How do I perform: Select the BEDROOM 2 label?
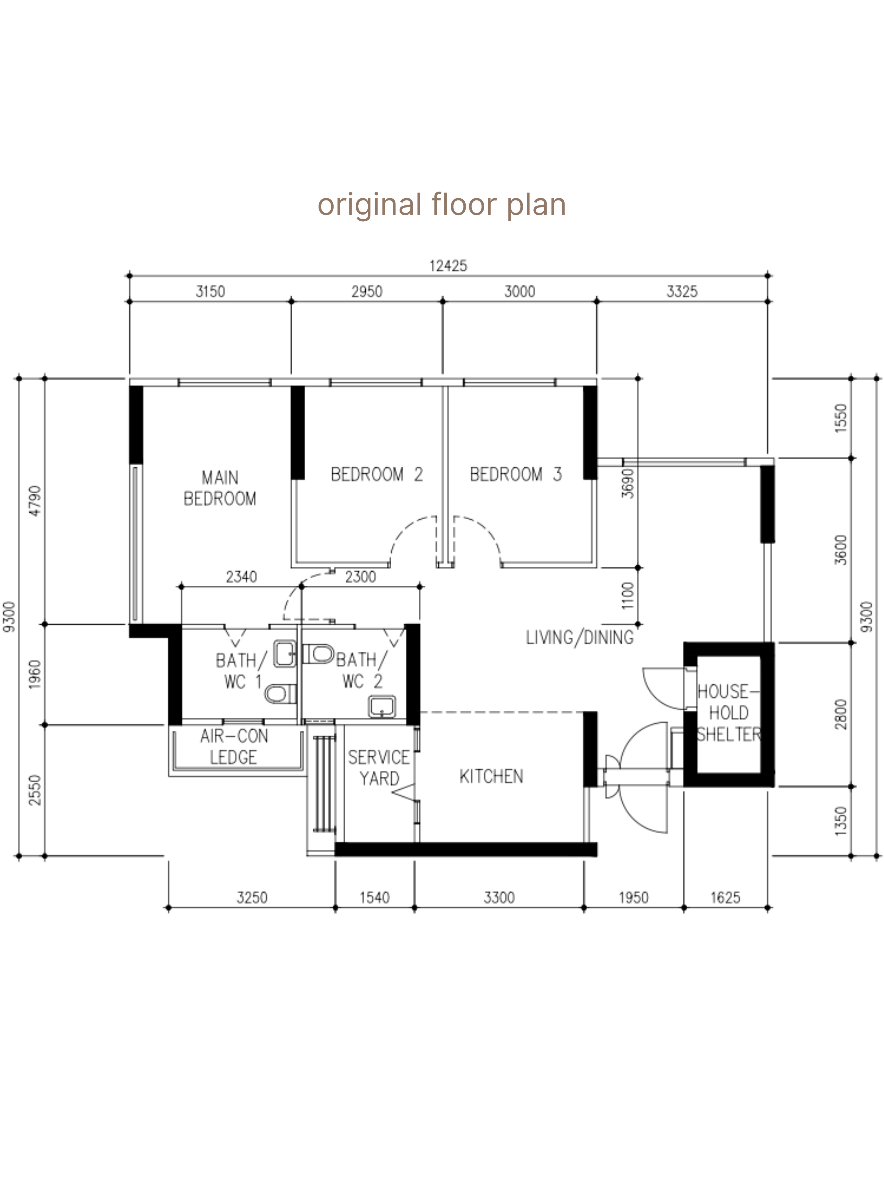coord(376,474)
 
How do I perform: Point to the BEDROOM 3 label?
coord(515,474)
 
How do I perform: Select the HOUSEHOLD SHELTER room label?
coord(728,713)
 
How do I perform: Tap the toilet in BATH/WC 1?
coord(280,694)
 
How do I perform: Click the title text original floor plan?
coord(441,204)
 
